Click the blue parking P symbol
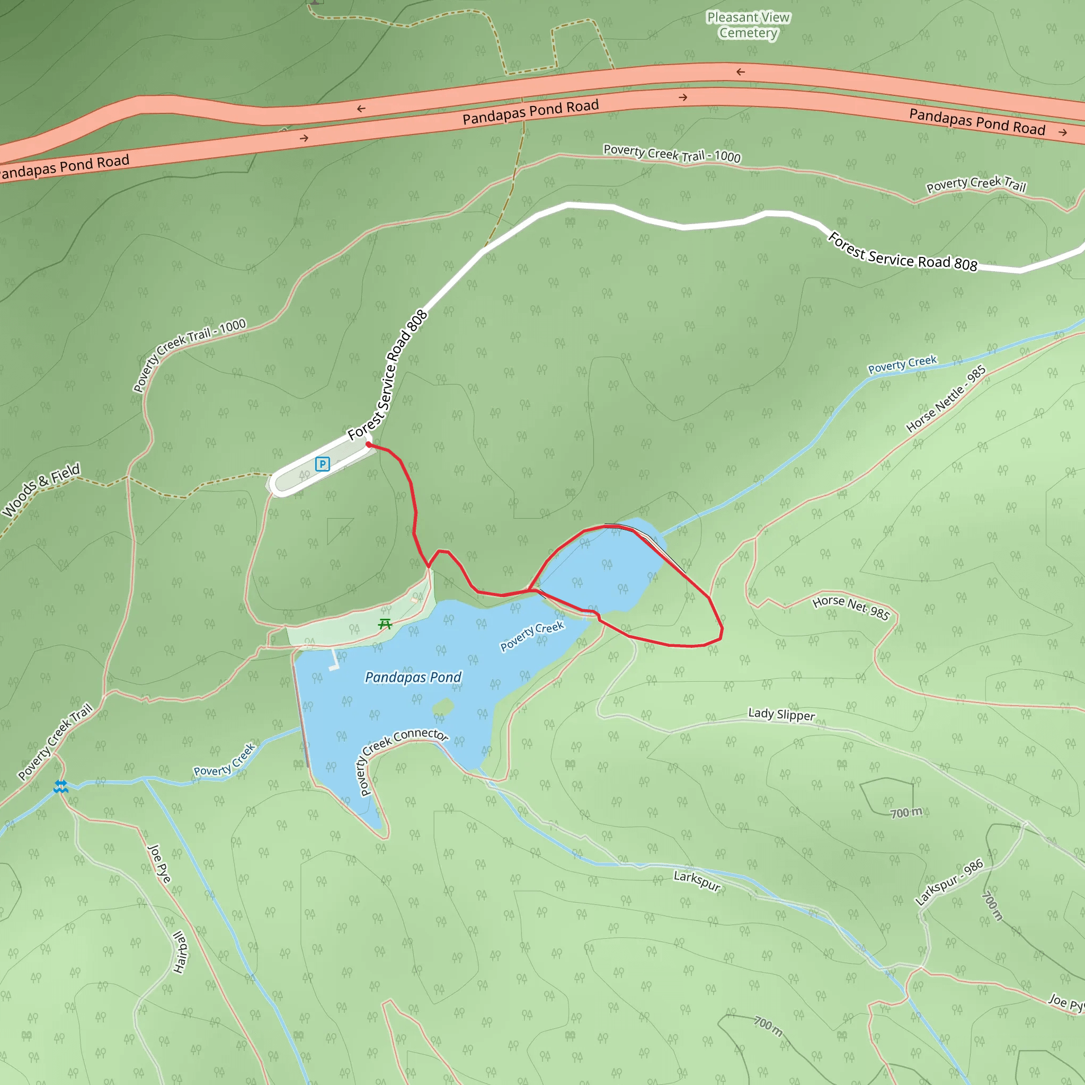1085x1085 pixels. click(322, 464)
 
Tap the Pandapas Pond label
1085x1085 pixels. click(413, 677)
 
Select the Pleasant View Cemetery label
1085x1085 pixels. click(748, 25)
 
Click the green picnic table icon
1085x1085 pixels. click(385, 624)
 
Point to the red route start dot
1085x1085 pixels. click(368, 445)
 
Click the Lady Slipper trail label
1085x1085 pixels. click(781, 714)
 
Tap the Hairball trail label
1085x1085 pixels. click(180, 952)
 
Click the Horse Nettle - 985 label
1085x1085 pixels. click(946, 399)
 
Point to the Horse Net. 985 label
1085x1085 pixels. click(851, 608)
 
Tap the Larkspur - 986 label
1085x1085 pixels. click(949, 882)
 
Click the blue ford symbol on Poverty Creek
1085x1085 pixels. click(60, 786)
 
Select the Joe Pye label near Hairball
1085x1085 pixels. click(159, 864)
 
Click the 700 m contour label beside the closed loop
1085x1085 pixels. click(906, 813)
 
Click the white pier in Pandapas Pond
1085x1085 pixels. click(335, 661)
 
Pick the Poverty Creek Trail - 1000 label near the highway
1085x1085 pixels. click(672, 153)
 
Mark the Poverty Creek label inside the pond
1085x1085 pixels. click(532, 636)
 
